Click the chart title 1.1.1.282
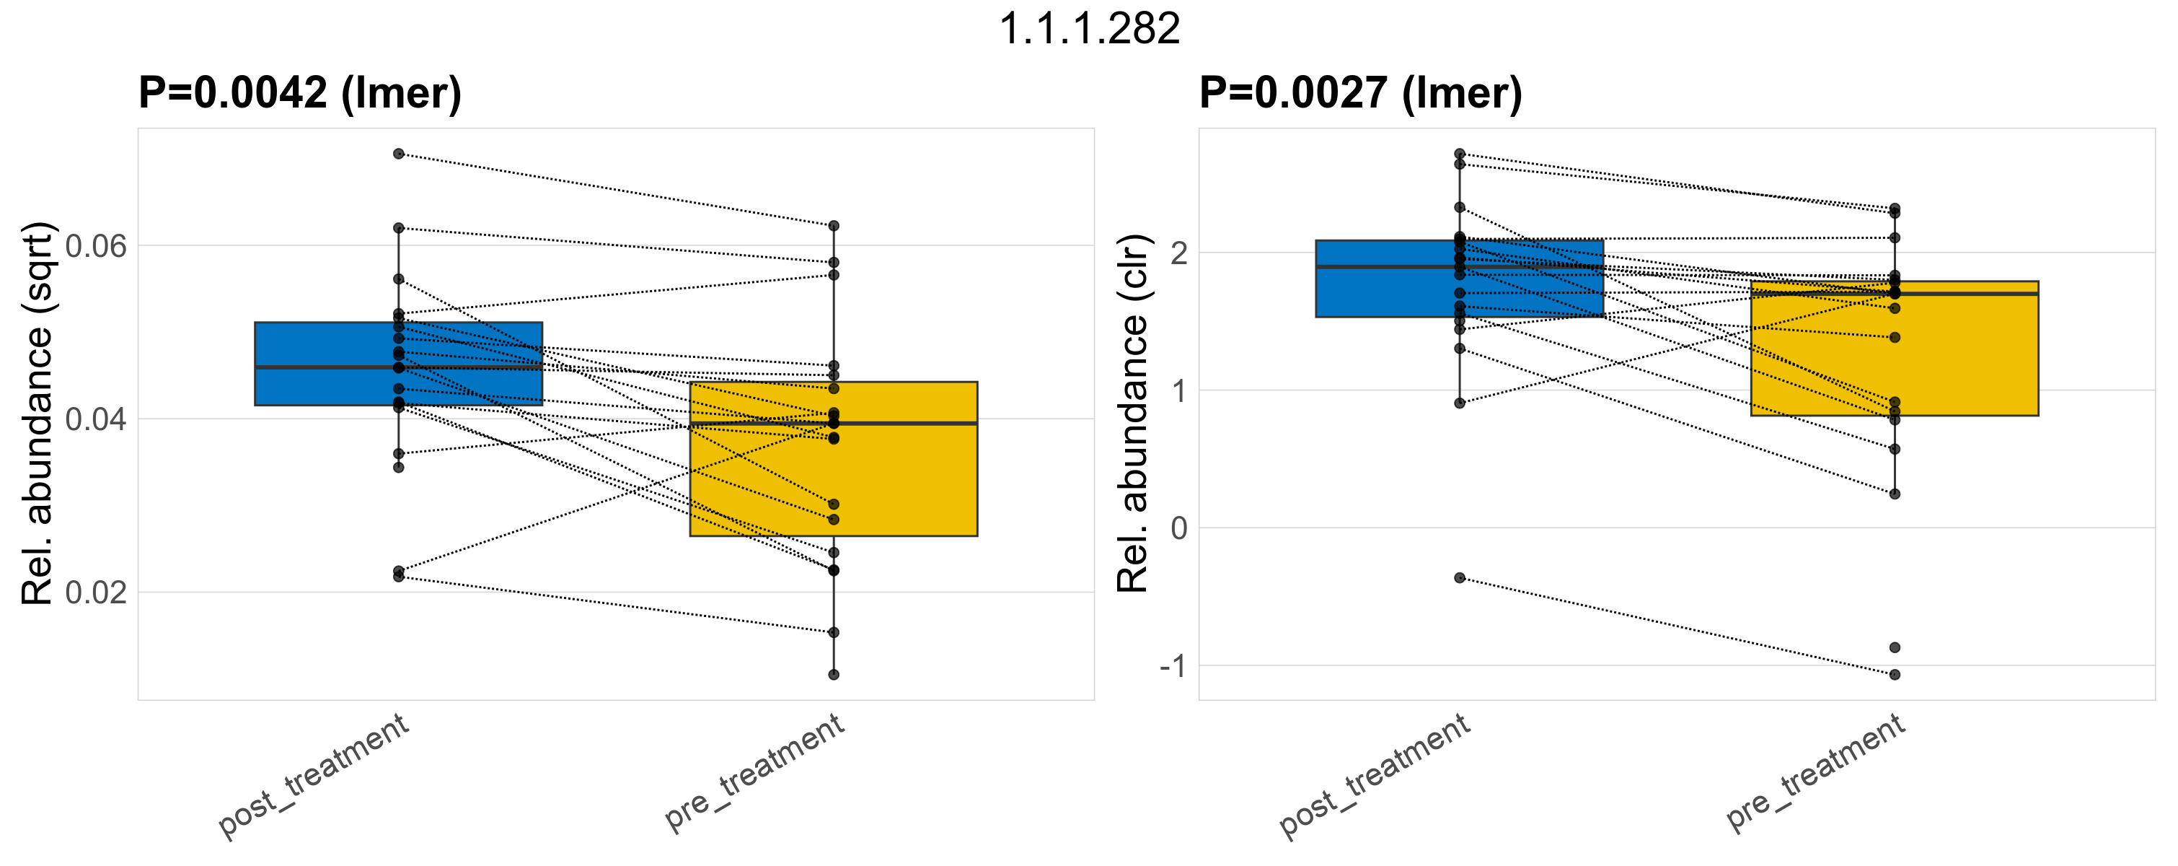coord(1089,30)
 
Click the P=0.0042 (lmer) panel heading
coord(300,92)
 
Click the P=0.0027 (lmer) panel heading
coord(1360,92)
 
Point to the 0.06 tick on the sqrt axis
coord(95,246)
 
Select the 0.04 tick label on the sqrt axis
coord(95,419)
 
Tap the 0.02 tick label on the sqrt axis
coord(95,592)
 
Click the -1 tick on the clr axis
coord(1173,666)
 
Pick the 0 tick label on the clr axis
coord(1178,528)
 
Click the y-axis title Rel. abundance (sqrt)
coord(38,414)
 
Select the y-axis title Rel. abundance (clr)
coord(1133,414)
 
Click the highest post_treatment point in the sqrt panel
coord(398,154)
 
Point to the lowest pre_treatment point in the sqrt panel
coord(834,675)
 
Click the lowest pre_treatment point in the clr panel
coord(1895,675)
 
